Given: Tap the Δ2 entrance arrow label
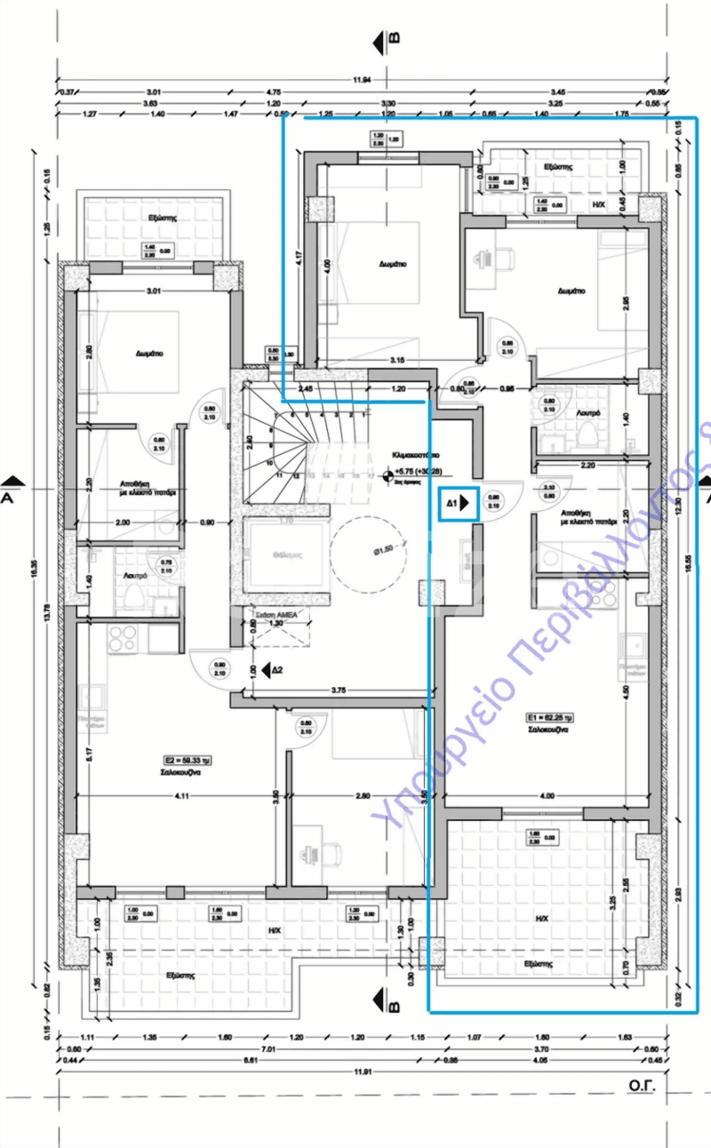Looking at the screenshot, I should (x=277, y=669).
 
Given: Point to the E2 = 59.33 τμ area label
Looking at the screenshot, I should (x=186, y=761).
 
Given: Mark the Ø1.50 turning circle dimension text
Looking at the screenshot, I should (x=383, y=551).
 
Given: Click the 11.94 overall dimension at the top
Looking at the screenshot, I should (x=361, y=80).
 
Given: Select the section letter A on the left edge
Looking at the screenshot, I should (x=8, y=498).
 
